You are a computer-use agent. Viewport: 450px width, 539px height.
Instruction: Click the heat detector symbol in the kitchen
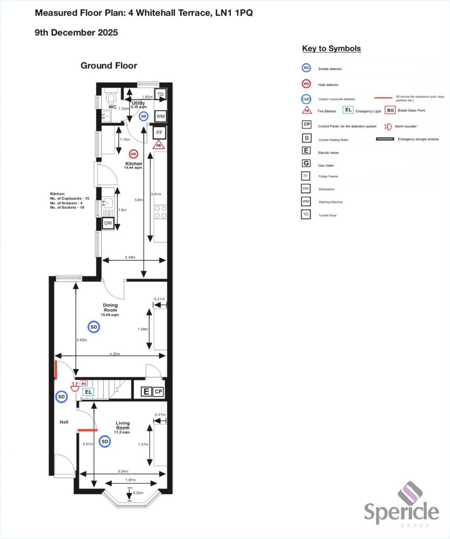133,154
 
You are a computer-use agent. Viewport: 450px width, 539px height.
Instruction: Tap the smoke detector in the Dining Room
93,327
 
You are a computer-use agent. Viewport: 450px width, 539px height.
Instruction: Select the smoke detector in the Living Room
105,442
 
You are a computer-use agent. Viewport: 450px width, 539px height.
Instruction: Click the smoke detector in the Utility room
144,116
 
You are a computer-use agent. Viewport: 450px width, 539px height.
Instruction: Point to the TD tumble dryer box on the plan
161,94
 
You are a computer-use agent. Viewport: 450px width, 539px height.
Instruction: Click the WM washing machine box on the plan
161,116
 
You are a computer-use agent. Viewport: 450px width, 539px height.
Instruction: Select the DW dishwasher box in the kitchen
108,223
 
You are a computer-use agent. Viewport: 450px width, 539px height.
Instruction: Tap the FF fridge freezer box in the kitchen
158,133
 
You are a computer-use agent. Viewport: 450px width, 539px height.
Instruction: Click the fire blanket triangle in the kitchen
158,145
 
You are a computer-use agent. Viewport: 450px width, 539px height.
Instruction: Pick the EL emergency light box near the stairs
88,392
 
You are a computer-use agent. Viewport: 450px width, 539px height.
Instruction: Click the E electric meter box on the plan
146,392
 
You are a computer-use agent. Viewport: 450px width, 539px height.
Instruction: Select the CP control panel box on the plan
158,392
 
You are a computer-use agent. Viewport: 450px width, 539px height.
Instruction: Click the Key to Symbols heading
332,49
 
